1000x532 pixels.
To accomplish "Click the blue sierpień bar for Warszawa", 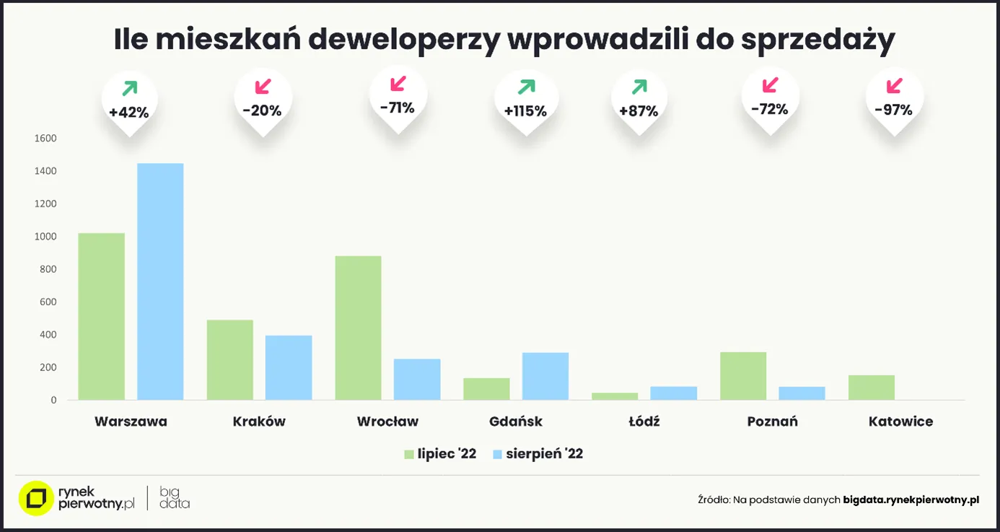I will tap(160, 282).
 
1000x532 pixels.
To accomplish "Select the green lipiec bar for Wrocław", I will tap(358, 328).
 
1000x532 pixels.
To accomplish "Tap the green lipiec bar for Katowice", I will tap(872, 388).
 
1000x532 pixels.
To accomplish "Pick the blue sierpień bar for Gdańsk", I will tap(545, 376).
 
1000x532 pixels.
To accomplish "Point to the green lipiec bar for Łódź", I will tap(615, 396).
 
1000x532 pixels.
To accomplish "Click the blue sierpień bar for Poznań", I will tap(802, 393).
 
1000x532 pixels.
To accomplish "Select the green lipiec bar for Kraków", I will tap(229, 359).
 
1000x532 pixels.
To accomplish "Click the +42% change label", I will tap(129, 113).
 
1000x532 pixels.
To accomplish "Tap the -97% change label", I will tap(894, 110).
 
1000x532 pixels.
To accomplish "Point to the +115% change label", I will tap(525, 111).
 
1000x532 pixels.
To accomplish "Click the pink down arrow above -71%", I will tap(398, 84).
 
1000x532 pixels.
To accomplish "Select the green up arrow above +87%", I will tap(639, 87).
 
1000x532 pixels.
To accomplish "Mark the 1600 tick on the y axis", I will tap(45, 139).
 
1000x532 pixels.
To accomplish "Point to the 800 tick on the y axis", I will tap(48, 269).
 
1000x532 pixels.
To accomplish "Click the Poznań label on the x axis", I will tap(772, 422).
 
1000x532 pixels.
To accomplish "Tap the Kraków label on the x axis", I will tap(259, 422).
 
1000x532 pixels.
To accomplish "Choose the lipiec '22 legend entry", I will tap(440, 454).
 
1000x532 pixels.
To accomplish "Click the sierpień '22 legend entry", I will tap(537, 454).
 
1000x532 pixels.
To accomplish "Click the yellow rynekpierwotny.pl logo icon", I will tap(35, 498).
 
